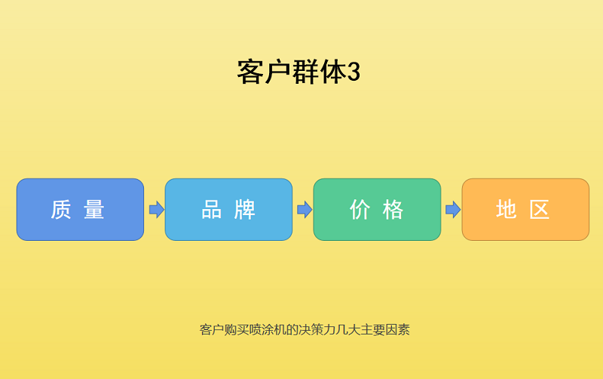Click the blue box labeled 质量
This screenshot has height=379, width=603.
(x=80, y=209)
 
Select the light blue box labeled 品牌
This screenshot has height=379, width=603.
(x=228, y=209)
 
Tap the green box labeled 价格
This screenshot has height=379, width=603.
(x=377, y=209)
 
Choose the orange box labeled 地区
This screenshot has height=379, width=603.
(x=525, y=209)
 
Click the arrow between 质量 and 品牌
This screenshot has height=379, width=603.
(x=156, y=209)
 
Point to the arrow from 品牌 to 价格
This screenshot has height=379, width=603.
(x=305, y=209)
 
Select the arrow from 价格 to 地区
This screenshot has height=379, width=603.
(x=453, y=209)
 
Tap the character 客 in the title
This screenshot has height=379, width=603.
(x=250, y=72)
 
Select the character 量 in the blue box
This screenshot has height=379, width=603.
(x=94, y=209)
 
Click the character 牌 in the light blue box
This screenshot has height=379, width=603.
(x=244, y=209)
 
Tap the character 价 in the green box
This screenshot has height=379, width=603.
(x=360, y=209)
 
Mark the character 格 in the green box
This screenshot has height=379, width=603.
(x=393, y=209)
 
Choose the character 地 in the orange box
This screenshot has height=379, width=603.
(x=507, y=209)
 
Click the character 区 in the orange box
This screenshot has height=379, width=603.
(x=540, y=209)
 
